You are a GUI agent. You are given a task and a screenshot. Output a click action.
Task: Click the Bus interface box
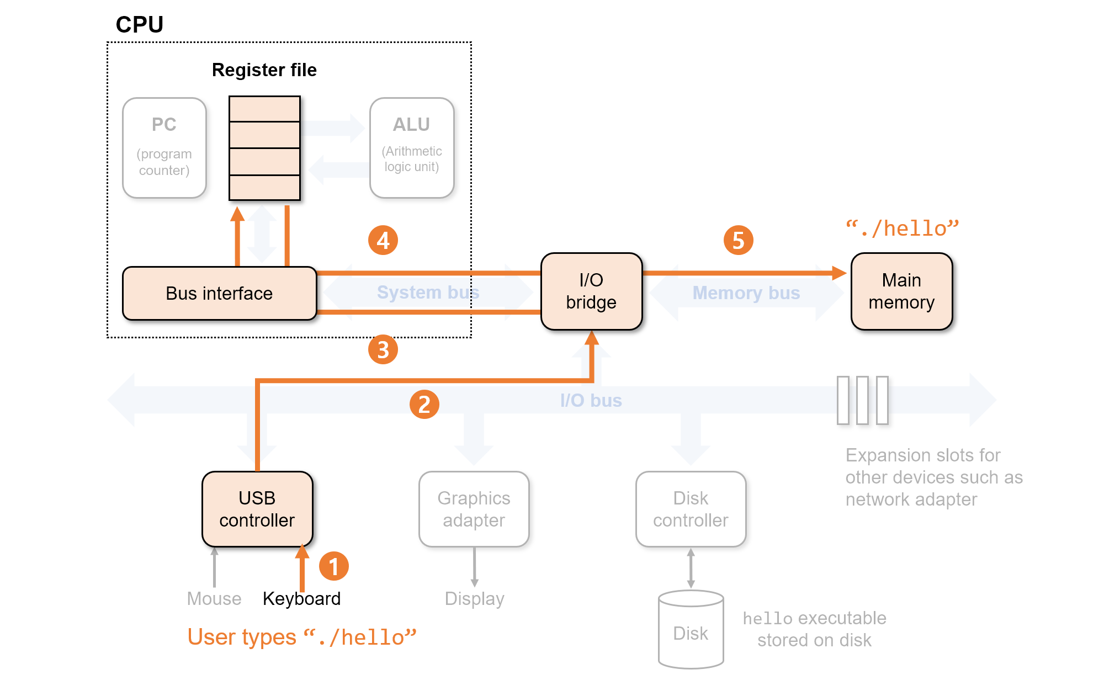click(x=220, y=293)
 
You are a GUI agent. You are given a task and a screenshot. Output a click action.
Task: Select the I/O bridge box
click(x=591, y=291)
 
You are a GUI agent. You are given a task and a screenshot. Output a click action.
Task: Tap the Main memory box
click(x=901, y=291)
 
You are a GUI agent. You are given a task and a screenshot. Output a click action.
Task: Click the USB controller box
click(x=257, y=509)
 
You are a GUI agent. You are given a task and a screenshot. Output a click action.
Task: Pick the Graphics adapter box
click(x=474, y=509)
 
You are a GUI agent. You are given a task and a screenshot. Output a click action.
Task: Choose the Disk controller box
click(x=691, y=509)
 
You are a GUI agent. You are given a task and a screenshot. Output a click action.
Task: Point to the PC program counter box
click(x=164, y=148)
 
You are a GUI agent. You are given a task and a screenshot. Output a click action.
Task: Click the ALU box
click(x=412, y=148)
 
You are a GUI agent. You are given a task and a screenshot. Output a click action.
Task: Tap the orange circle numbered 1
click(x=334, y=566)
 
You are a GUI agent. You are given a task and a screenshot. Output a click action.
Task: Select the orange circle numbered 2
click(x=424, y=405)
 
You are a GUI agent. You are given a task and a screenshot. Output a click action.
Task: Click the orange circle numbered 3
click(x=383, y=349)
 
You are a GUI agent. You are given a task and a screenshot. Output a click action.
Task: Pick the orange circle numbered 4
click(x=383, y=240)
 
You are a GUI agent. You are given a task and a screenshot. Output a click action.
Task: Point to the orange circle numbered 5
click(x=739, y=240)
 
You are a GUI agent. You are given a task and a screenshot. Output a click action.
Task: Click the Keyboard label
click(x=301, y=599)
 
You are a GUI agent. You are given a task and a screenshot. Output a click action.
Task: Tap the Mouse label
click(x=214, y=599)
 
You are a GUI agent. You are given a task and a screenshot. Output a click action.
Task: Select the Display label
click(x=475, y=599)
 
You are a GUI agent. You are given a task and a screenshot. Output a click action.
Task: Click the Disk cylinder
click(x=691, y=630)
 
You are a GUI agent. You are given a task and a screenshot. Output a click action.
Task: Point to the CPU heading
click(x=140, y=24)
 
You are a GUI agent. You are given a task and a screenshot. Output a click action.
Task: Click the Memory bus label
click(x=746, y=293)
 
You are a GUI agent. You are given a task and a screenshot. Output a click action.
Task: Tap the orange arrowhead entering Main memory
click(x=839, y=273)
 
